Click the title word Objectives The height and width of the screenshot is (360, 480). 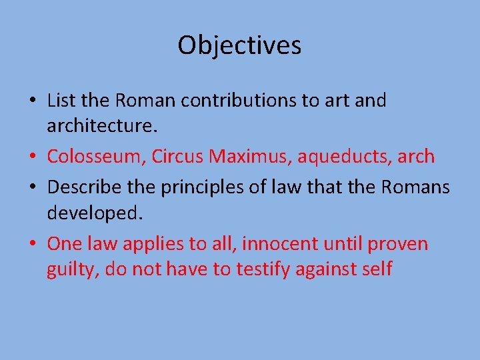pos(239,45)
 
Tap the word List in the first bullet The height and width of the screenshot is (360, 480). pos(61,101)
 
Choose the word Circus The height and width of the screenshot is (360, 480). pos(177,157)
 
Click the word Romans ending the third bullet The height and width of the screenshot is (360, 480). pos(415,187)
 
